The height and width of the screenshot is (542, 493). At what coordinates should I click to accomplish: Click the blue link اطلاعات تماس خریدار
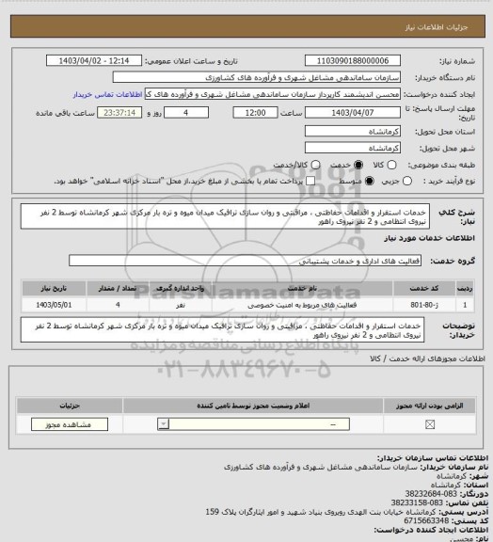[x=106, y=94]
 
